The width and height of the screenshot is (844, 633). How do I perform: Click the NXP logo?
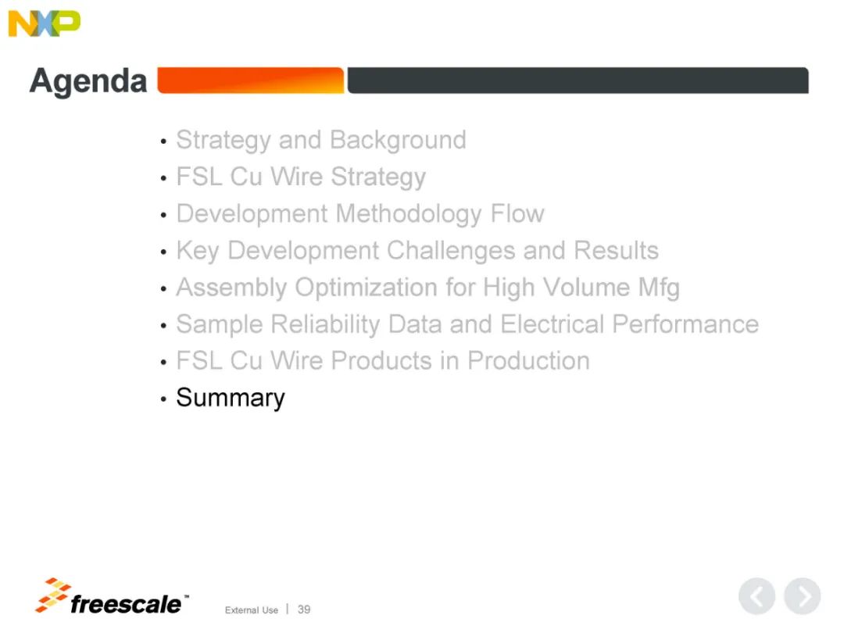tap(44, 23)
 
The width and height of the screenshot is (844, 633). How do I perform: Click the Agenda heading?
tap(88, 81)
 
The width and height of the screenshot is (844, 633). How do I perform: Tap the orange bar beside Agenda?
tap(250, 80)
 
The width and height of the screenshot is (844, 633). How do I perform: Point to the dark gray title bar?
tap(578, 80)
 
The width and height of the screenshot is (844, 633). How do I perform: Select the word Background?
tap(398, 140)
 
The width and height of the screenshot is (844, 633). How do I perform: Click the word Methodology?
tap(409, 214)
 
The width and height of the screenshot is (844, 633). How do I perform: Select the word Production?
tap(528, 360)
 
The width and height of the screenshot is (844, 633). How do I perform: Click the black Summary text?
tap(231, 399)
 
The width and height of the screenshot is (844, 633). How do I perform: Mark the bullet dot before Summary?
tap(163, 399)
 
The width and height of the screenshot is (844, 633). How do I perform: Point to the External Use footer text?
tap(252, 610)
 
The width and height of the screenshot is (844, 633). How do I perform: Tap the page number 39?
tap(304, 610)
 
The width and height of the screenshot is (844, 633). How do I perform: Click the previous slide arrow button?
tap(756, 595)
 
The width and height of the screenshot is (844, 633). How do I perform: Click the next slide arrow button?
tap(802, 595)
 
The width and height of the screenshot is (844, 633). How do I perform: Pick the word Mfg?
tap(659, 288)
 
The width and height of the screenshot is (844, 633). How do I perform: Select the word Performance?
tap(685, 324)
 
